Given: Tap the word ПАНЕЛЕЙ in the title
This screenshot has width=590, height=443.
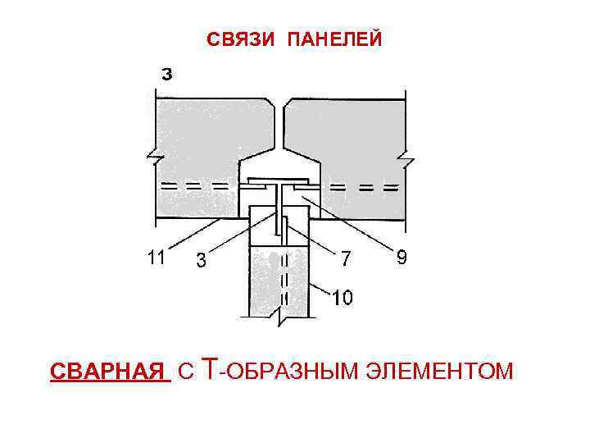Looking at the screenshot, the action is coord(334,39).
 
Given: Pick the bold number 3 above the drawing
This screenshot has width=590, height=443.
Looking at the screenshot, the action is coord(166,75).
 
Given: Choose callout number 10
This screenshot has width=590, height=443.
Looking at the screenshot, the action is coord(343,297).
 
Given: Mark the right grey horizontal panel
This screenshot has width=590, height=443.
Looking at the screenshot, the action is coord(352,139).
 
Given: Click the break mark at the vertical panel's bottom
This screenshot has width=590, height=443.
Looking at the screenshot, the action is coord(280,313).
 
